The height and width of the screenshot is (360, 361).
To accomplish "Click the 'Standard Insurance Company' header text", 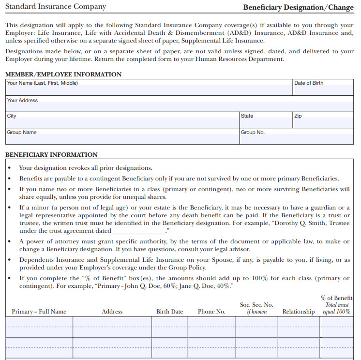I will (56, 7).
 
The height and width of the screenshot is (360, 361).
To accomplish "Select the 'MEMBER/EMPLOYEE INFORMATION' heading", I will (63, 75).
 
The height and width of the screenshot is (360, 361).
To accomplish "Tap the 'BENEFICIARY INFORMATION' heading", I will (51, 155).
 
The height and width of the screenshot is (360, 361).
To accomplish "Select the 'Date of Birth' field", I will (323, 90).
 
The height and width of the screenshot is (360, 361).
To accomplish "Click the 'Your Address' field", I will (179, 106).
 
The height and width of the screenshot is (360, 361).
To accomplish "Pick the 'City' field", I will (122, 122).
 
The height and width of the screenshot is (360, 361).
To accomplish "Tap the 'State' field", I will (266, 122).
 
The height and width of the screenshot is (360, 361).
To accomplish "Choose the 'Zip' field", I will (323, 122).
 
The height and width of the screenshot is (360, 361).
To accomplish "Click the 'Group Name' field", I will (122, 138).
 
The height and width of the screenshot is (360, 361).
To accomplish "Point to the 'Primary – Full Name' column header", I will (39, 312).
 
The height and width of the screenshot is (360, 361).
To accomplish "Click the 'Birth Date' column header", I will (169, 312).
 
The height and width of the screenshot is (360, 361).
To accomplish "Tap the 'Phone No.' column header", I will (211, 312).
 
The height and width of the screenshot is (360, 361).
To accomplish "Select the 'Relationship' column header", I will (299, 312).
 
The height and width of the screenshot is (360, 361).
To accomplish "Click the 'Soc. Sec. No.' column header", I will (256, 305).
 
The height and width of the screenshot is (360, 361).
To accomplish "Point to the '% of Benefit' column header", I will (337, 298).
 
